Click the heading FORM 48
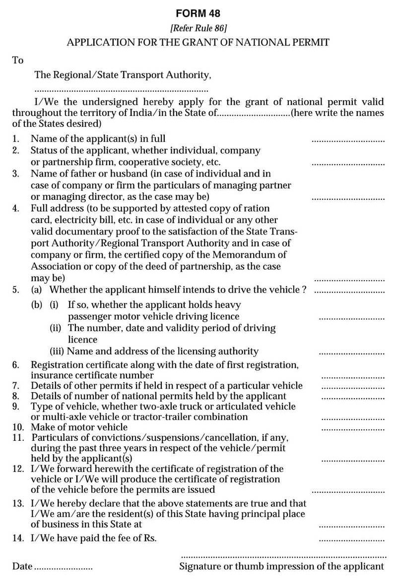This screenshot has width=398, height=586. click(x=198, y=13)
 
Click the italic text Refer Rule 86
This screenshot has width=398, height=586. click(x=198, y=28)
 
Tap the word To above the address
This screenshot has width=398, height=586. click(x=18, y=60)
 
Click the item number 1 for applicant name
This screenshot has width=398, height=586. click(x=15, y=139)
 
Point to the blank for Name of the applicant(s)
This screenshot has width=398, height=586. click(x=348, y=141)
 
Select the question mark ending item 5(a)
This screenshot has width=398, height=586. click(x=304, y=290)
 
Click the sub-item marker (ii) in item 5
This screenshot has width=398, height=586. click(x=56, y=328)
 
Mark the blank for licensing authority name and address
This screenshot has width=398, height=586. click(x=351, y=353)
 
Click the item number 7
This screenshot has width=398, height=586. click(x=15, y=386)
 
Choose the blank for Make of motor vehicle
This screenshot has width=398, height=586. click(x=353, y=429)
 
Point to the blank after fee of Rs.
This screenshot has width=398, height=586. click(x=351, y=540)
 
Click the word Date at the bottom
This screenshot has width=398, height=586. click(x=22, y=566)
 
